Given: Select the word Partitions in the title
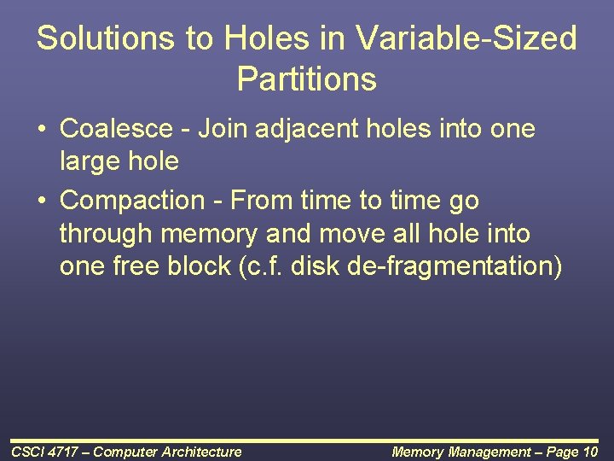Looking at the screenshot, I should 307,79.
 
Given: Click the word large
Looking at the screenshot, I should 90,160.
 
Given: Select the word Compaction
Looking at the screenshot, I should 133,201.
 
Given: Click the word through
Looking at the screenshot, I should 107,233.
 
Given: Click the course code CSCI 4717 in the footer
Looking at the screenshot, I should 43,452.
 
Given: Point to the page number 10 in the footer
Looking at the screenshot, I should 590,452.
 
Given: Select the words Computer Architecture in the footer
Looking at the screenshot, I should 167,452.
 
